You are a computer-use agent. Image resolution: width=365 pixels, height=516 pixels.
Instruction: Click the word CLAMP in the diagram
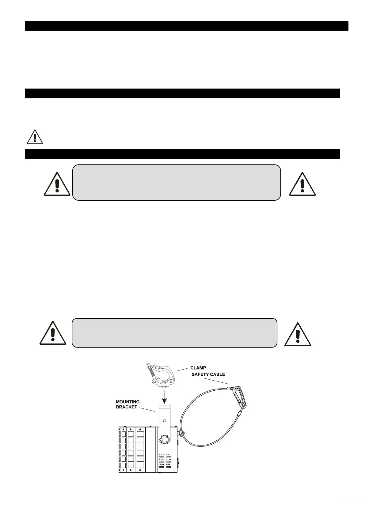pos(198,368)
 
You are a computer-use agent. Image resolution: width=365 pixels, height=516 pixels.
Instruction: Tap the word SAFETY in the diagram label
pos(201,374)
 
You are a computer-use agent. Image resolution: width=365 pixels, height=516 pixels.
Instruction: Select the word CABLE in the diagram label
pos(218,374)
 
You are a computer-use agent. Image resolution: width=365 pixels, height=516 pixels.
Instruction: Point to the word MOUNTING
pos(127,402)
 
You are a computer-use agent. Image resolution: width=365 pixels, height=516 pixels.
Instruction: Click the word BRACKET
pos(126,407)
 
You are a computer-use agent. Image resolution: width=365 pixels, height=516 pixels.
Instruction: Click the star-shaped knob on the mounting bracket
pos(165,440)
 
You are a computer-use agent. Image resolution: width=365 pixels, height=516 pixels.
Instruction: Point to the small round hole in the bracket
pos(165,421)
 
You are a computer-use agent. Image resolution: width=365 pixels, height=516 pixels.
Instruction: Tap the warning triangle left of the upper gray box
pos(57,184)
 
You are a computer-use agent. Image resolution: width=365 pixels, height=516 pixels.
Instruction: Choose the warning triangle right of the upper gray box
pos(302,184)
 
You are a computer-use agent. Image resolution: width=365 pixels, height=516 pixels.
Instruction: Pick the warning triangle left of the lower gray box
pos(53,334)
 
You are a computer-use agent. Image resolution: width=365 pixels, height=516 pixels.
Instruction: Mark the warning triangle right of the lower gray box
pos(298,335)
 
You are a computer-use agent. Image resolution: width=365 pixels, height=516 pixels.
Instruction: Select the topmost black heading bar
pos(187,26)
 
